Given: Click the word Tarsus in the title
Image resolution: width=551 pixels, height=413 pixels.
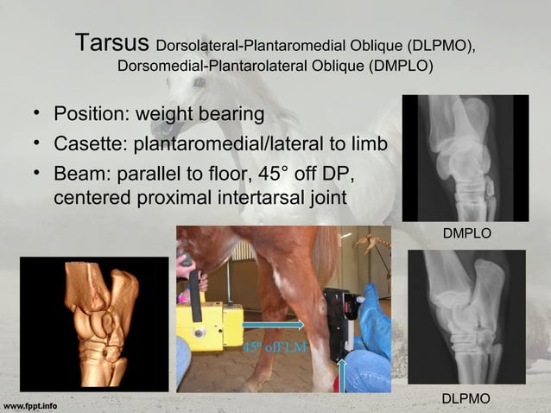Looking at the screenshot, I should click(112, 42).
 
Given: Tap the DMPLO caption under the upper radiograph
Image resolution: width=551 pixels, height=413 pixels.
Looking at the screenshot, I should click(466, 234).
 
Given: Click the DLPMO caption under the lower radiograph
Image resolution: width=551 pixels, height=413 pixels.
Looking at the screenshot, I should click(466, 397).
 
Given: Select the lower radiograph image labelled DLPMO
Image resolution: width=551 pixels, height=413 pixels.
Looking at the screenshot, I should click(466, 316).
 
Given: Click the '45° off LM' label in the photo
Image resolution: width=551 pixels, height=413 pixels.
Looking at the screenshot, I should click(266, 348).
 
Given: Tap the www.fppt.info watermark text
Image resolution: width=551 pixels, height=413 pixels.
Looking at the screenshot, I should click(30, 403).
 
